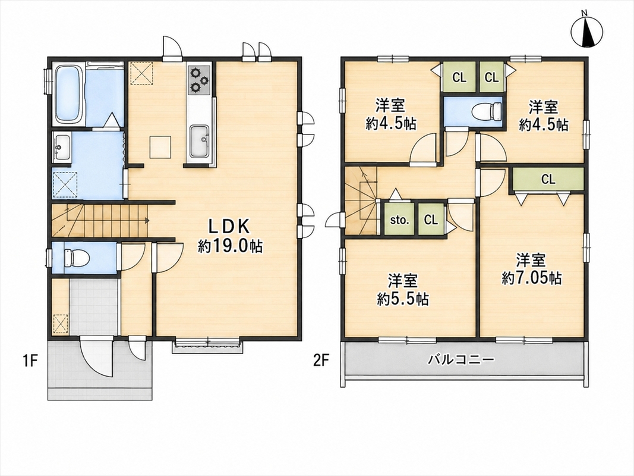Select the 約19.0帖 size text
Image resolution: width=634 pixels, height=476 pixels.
230,246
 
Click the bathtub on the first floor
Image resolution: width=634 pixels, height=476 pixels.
69,95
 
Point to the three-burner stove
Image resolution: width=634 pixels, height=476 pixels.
199,79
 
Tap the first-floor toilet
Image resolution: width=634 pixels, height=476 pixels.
77,258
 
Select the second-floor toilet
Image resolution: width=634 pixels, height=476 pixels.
488,111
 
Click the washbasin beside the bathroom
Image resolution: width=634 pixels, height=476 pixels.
62,148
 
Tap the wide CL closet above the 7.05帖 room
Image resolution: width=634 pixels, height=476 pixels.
548,179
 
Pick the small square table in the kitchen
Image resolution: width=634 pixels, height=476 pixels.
160,147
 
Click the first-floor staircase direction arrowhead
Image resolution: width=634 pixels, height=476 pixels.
147,221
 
